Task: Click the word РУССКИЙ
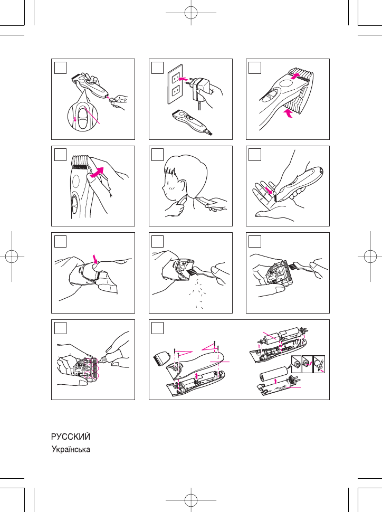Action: coord(71,437)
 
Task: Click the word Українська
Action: coord(71,449)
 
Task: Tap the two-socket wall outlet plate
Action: coord(175,87)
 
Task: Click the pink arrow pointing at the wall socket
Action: coord(184,79)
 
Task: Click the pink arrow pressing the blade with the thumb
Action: coord(96,259)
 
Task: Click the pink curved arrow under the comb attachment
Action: coord(287,113)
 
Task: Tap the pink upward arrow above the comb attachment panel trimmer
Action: coord(295,76)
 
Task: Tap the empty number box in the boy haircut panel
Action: coord(157,155)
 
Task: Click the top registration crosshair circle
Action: coord(191,13)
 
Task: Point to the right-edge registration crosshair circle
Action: coord(370,257)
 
